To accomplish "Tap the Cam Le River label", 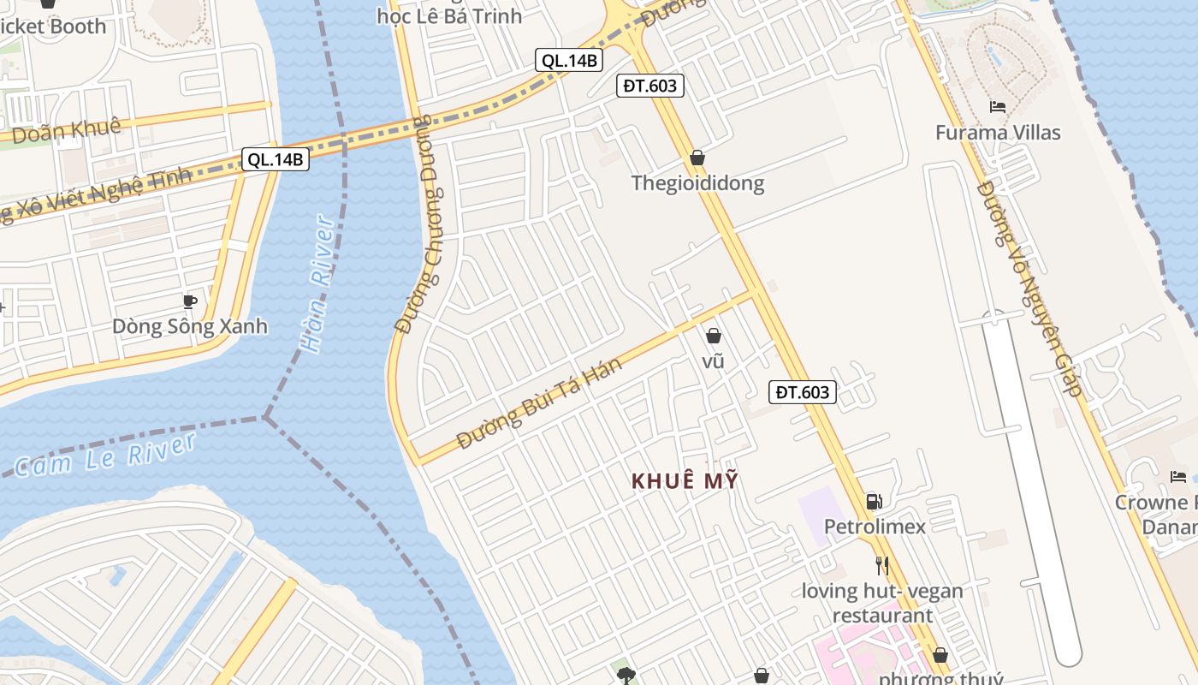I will point(105,455).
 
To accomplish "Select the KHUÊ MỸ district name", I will point(685,481).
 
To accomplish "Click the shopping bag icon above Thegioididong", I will point(697,158).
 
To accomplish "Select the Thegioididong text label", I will point(697,183).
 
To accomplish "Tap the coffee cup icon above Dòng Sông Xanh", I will point(190,301).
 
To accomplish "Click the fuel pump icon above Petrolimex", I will point(874,502).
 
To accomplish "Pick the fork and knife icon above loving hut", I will point(882,566).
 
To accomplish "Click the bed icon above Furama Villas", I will point(998,107).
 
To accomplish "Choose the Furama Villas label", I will point(998,133).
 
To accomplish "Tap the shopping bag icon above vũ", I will point(713,337).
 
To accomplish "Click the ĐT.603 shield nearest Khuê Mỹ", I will point(802,392).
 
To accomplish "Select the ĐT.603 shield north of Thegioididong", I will point(650,85).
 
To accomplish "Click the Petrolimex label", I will point(875,527).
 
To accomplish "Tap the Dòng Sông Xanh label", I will point(190,326).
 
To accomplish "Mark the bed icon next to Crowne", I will point(1178,477).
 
